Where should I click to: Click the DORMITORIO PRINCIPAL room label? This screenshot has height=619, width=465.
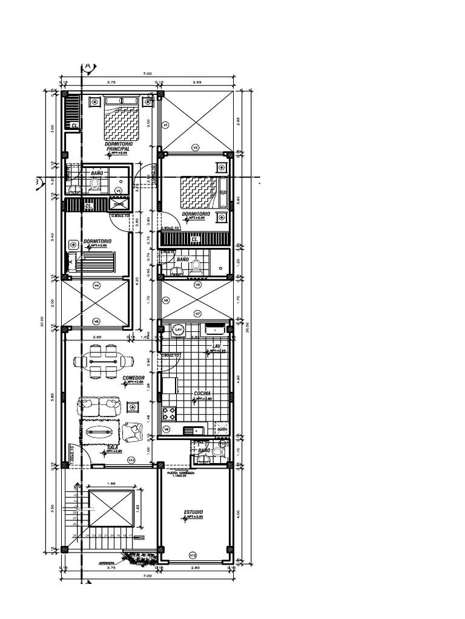click(x=117, y=146)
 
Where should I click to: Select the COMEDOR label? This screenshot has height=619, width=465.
click(x=133, y=378)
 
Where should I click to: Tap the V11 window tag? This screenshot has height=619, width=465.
click(x=131, y=461)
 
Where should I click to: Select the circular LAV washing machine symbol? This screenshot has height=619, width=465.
click(x=178, y=329)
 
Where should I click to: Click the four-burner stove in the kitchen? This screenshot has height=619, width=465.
click(x=168, y=413)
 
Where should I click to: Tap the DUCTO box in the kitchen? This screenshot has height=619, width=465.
click(x=222, y=429)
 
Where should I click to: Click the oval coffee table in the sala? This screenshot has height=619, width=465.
click(x=99, y=432)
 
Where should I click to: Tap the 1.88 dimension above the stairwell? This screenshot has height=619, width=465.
click(x=110, y=484)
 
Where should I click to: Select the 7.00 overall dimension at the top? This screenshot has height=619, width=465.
click(x=147, y=73)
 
